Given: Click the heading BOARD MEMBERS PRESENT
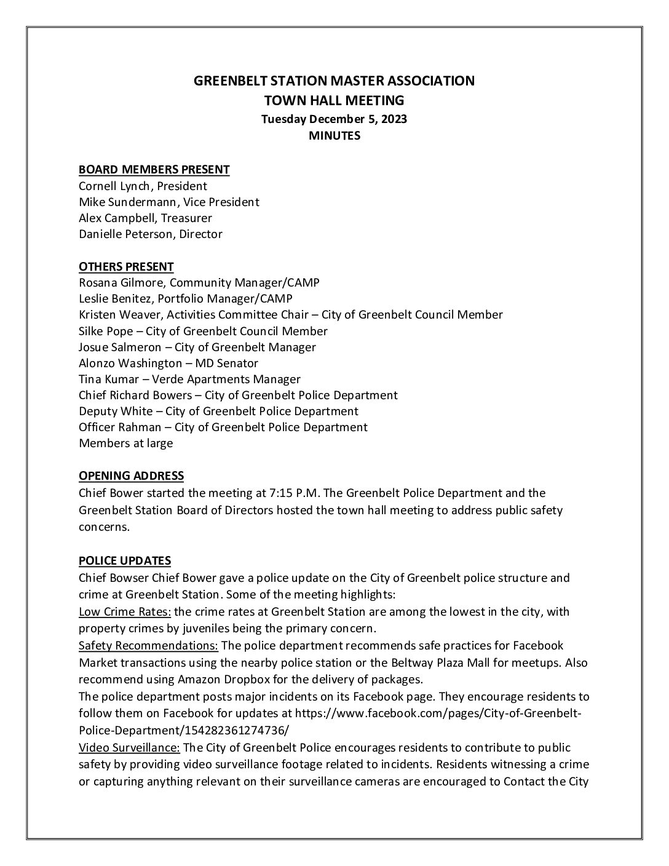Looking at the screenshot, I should tap(154, 170).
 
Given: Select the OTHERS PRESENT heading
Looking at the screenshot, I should tap(126, 266).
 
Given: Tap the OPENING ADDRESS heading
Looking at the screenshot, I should tap(131, 475).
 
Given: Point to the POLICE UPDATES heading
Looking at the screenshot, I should tap(125, 560).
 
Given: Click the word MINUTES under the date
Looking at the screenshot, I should tap(334, 136).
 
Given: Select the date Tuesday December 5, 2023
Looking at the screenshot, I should tap(334, 119).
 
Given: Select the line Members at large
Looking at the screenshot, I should tap(125, 443).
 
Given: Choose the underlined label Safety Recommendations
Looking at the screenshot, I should tap(148, 645).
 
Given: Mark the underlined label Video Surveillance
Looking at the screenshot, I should tap(129, 747).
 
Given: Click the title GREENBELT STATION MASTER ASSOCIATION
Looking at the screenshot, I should tap(334, 81).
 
